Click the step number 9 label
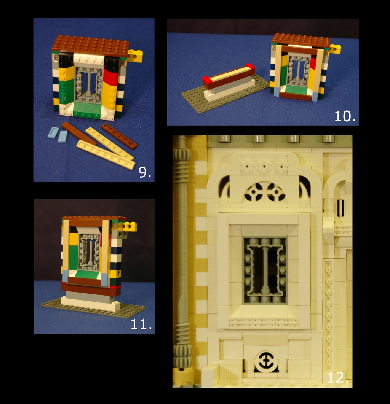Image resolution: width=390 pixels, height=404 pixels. [x=145, y=172]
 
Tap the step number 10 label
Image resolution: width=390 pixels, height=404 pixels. [x=345, y=116]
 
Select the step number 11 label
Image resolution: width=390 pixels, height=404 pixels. [x=141, y=324]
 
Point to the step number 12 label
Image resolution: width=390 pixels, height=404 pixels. [x=338, y=377]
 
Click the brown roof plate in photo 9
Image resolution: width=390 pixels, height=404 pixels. [x=90, y=45]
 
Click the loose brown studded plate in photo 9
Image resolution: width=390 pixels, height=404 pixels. [x=119, y=136]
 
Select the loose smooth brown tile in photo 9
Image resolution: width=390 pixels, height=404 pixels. [x=79, y=133]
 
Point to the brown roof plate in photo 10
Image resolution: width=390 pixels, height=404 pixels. [x=301, y=40]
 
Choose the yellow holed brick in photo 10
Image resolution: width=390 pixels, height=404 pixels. [x=335, y=49]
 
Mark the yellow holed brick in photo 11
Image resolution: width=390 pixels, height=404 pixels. [x=130, y=226]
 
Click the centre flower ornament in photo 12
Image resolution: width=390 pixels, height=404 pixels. [x=265, y=167]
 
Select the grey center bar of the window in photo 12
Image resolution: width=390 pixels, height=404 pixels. [x=265, y=270]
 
